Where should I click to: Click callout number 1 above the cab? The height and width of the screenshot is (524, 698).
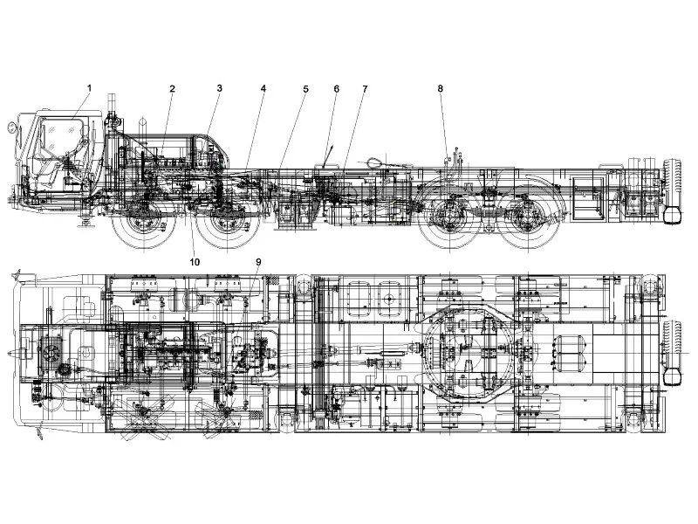tap(89, 88)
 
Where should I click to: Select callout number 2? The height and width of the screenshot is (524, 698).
tap(172, 89)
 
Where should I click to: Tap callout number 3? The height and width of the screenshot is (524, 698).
tap(219, 88)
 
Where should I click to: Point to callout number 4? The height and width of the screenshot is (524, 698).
tap(263, 89)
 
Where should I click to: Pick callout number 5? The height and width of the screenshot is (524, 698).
tap(305, 89)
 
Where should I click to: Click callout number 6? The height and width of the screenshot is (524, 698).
tap(336, 89)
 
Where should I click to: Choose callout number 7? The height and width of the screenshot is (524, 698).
tap(365, 89)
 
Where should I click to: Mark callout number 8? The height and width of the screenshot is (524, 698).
tap(441, 88)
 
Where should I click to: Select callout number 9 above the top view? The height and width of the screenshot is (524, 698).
tap(258, 262)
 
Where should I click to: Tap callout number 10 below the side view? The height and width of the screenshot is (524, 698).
tap(195, 262)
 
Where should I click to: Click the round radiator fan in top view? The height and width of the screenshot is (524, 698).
tap(50, 352)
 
